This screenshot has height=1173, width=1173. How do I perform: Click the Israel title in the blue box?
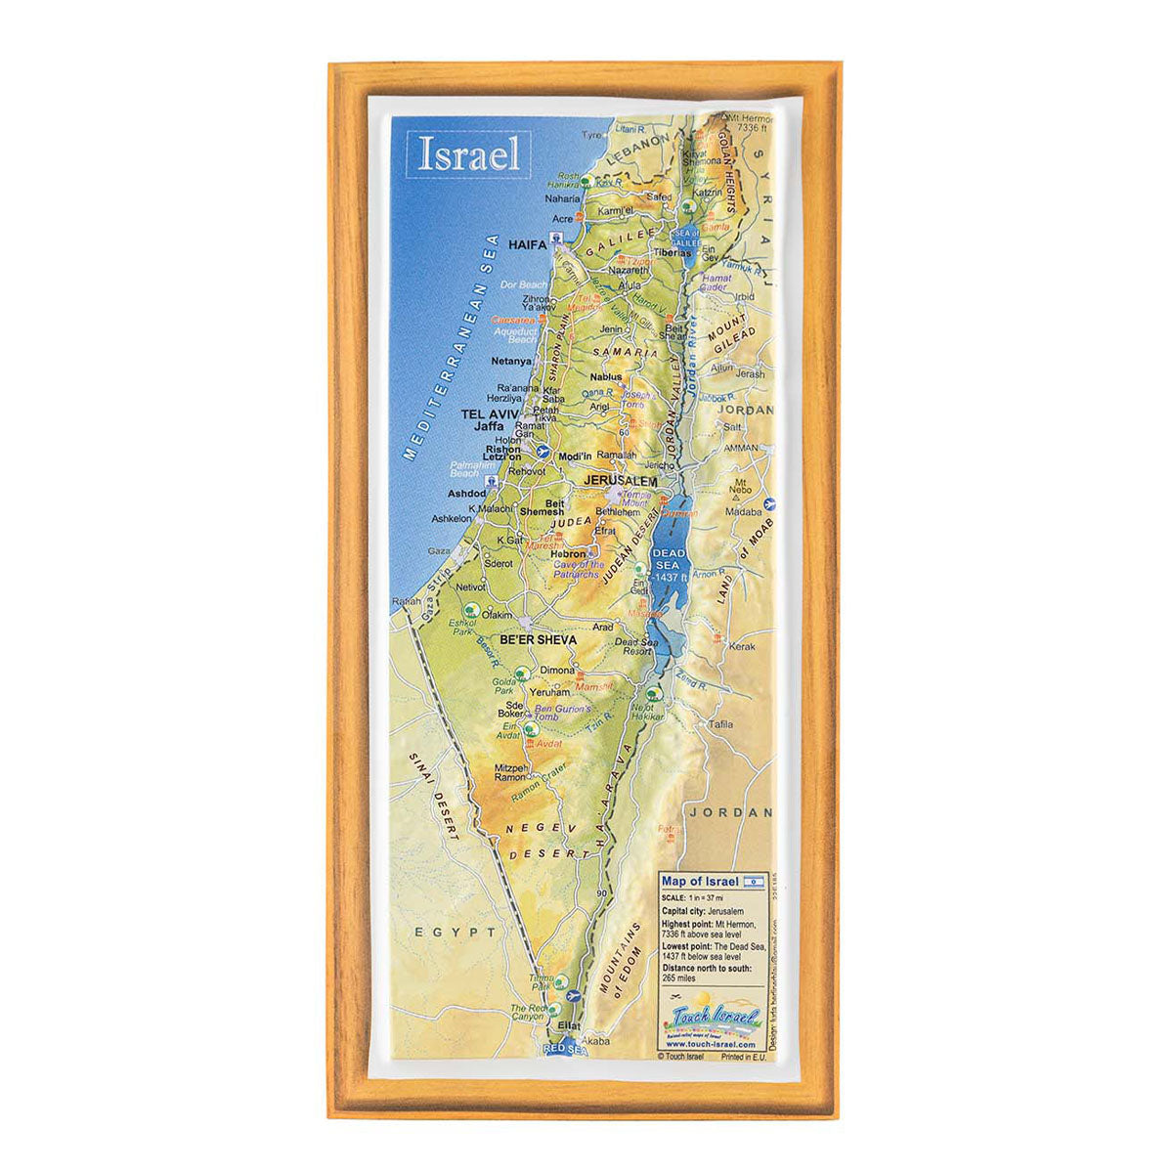click(x=469, y=155)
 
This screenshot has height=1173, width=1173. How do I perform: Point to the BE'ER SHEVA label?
click(x=539, y=640)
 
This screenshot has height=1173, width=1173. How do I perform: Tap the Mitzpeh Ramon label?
click(x=511, y=772)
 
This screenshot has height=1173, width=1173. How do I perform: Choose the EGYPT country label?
click(x=455, y=933)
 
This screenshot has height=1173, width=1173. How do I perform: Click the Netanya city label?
click(x=511, y=360)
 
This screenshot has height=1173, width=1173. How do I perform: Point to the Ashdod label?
click(x=467, y=494)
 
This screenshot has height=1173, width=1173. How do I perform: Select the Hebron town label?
click(x=568, y=552)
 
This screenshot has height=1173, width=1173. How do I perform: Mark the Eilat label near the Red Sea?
click(x=568, y=1026)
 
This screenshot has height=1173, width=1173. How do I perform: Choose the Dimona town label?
click(x=558, y=671)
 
